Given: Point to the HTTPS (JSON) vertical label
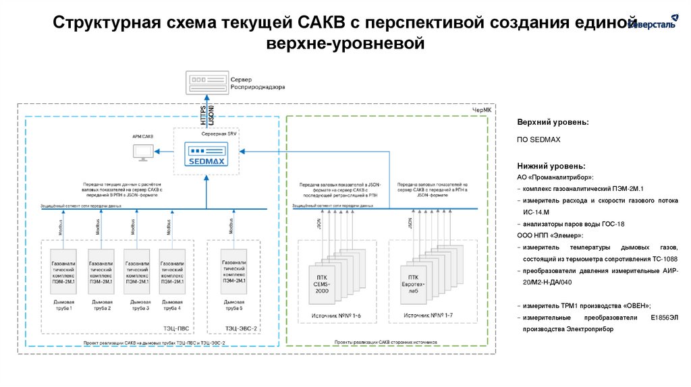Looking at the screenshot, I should [207, 113].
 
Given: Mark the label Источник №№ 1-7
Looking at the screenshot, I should [422, 316].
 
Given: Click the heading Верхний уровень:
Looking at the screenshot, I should [553, 123].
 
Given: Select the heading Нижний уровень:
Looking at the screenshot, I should [551, 166].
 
